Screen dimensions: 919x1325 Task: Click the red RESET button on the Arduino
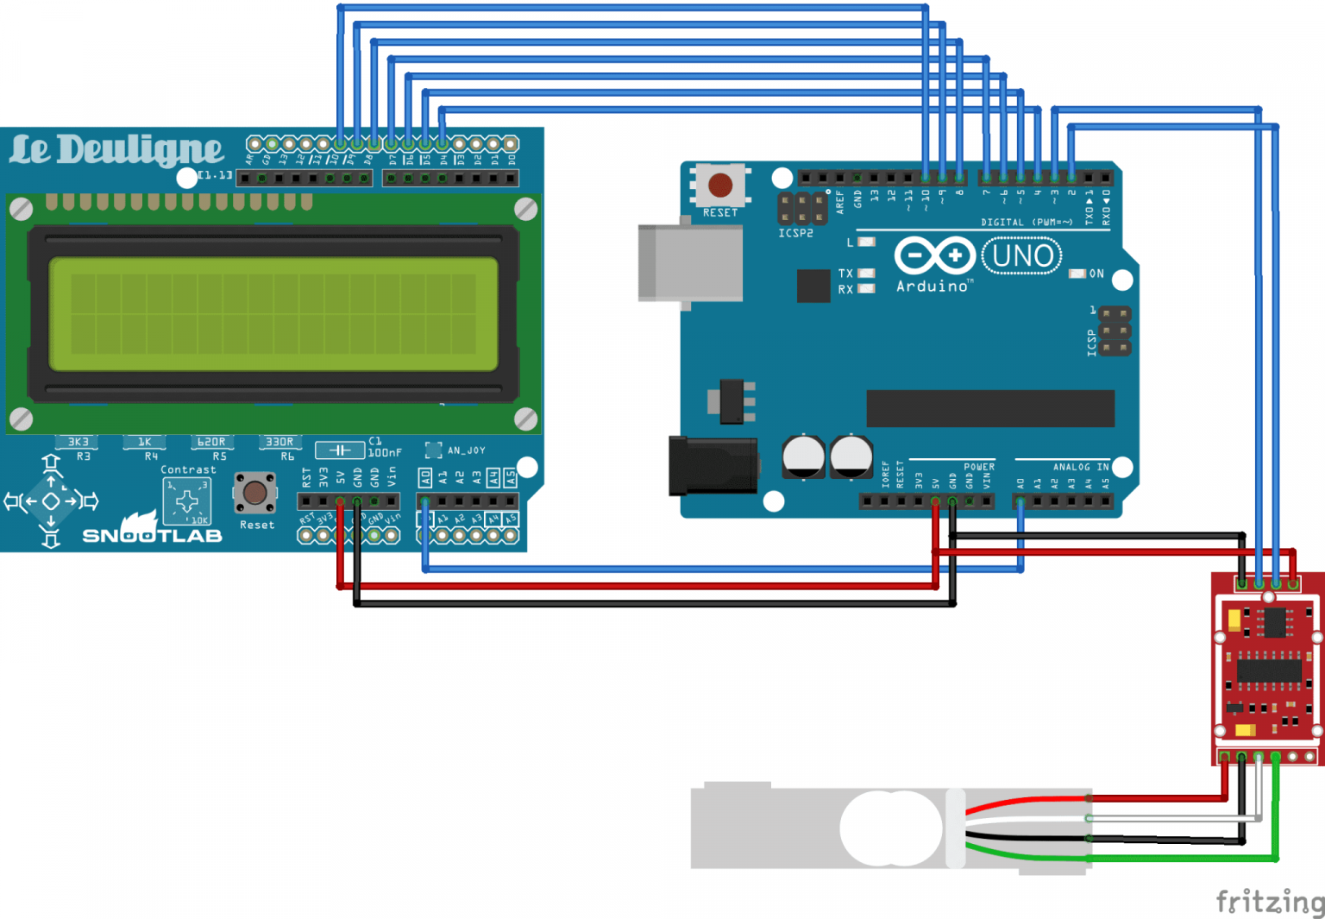(x=720, y=185)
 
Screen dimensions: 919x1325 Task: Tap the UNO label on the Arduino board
(x=1022, y=256)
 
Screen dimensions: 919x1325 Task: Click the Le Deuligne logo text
(x=116, y=150)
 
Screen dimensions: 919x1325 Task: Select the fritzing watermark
(x=1269, y=901)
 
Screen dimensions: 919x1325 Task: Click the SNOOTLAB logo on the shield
(x=152, y=535)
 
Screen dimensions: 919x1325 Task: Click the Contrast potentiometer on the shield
(x=187, y=501)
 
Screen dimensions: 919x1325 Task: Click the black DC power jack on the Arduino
(x=713, y=466)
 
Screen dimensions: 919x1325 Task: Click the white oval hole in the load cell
(x=890, y=828)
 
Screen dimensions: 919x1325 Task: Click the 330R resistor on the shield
(x=279, y=443)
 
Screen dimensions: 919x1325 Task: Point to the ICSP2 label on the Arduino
(x=795, y=233)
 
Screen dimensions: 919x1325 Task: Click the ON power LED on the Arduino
(x=1077, y=274)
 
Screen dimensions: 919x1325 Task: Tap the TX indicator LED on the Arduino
(x=866, y=273)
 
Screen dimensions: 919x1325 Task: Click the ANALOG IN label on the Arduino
(x=1080, y=467)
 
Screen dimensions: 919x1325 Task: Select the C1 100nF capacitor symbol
(x=339, y=450)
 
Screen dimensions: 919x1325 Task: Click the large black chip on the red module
(x=1268, y=670)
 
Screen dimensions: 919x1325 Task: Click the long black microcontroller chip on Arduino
(x=990, y=408)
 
